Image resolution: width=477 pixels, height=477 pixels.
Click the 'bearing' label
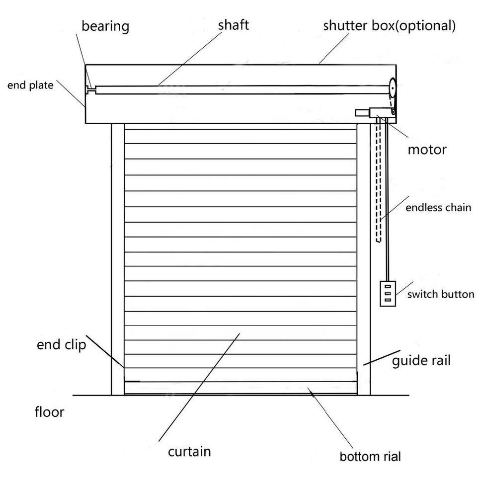pos(105,26)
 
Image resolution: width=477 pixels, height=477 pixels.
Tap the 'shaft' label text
pos(234,25)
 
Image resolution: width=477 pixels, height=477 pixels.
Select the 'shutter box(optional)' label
pos(390,26)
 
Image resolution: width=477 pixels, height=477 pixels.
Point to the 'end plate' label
pos(30,85)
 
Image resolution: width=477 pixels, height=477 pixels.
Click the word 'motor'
pos(427,150)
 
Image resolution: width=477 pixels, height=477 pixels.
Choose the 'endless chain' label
pos(438,208)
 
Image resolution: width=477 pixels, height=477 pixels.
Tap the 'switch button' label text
pos(441,294)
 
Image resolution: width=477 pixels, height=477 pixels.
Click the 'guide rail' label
pos(421,361)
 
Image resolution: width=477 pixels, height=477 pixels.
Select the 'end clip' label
pos(62,345)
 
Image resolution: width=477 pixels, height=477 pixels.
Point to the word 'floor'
pos(49,412)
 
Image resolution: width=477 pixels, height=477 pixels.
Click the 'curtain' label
pos(189,452)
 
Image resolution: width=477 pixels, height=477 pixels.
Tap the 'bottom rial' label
pos(370,457)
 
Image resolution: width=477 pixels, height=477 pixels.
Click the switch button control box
pos(388,293)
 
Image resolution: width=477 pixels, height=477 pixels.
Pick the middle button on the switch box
pos(388,293)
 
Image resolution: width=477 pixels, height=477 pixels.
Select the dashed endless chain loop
pos(378,180)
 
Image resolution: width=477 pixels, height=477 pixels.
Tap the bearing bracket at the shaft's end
pos(90,90)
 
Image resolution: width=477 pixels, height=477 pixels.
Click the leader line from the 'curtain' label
pos(199,387)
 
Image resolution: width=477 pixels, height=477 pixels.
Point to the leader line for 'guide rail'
pos(382,358)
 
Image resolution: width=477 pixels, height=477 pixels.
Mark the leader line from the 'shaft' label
pos(190,59)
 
